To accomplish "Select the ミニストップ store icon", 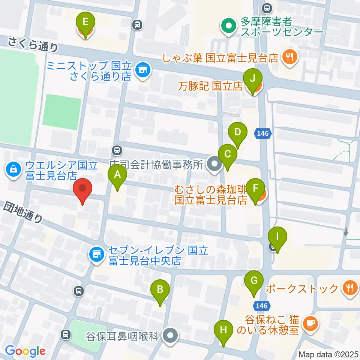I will (142, 69).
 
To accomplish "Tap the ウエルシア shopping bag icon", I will (13, 169).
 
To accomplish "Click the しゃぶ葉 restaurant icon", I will (290, 57).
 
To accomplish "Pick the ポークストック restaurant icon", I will (349, 288).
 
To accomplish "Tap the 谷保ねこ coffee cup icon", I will (310, 322).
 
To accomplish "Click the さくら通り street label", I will (33, 44).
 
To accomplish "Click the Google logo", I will (25, 351).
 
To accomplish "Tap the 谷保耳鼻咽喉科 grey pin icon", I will (171, 334).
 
